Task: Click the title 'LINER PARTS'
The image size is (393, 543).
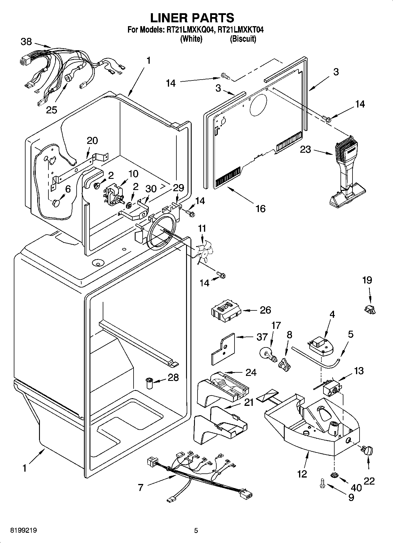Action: click(192, 18)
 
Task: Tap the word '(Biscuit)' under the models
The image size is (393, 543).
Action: click(243, 39)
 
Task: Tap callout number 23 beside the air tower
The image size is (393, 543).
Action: click(306, 149)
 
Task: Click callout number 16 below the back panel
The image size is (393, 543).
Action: click(260, 209)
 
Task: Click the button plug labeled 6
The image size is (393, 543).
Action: click(56, 203)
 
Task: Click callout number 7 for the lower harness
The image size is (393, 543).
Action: click(141, 487)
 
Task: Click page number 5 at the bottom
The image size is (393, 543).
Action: click(196, 531)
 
